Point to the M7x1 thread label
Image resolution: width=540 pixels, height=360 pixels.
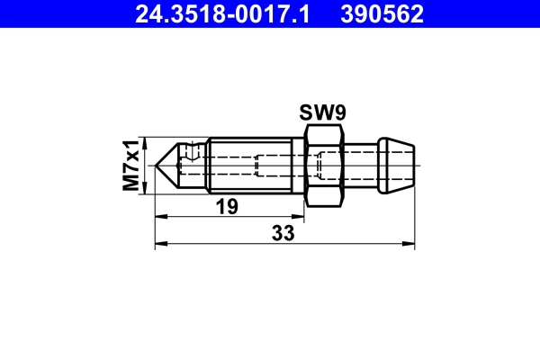pos(133,164)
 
